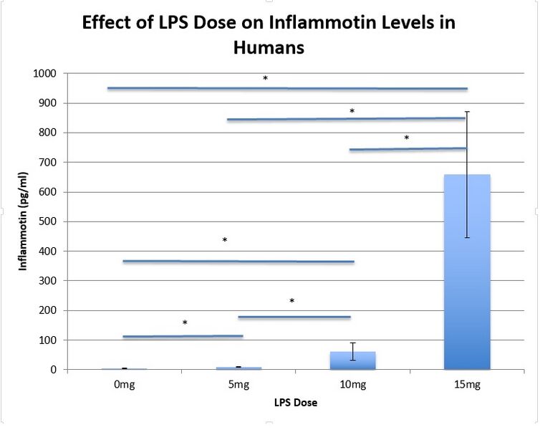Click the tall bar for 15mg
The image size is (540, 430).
tap(467, 272)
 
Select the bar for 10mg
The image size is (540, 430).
tap(352, 361)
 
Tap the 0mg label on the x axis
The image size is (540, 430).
tap(124, 385)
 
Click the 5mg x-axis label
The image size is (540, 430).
tap(238, 385)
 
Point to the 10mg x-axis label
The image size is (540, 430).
tap(352, 385)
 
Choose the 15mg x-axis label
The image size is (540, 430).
tap(467, 385)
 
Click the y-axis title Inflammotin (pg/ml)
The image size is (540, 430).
tap(24, 221)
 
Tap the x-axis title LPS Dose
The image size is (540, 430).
tap(295, 403)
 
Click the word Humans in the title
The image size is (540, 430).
tap(269, 48)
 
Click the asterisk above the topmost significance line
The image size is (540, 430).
tap(265, 78)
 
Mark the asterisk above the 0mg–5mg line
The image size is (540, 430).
tap(185, 323)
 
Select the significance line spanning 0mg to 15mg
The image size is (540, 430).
tap(287, 88)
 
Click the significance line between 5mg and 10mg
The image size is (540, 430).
tap(294, 317)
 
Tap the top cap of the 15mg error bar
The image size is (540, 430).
tap(467, 111)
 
